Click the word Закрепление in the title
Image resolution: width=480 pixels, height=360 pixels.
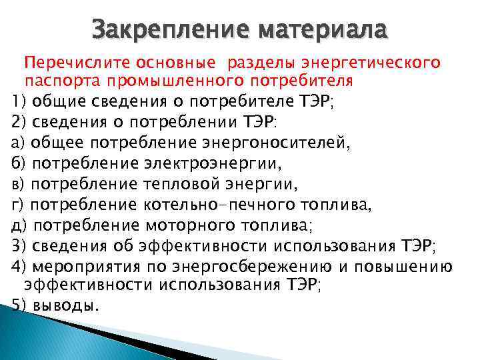(170, 30)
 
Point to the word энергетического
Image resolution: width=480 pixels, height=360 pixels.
(371, 63)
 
